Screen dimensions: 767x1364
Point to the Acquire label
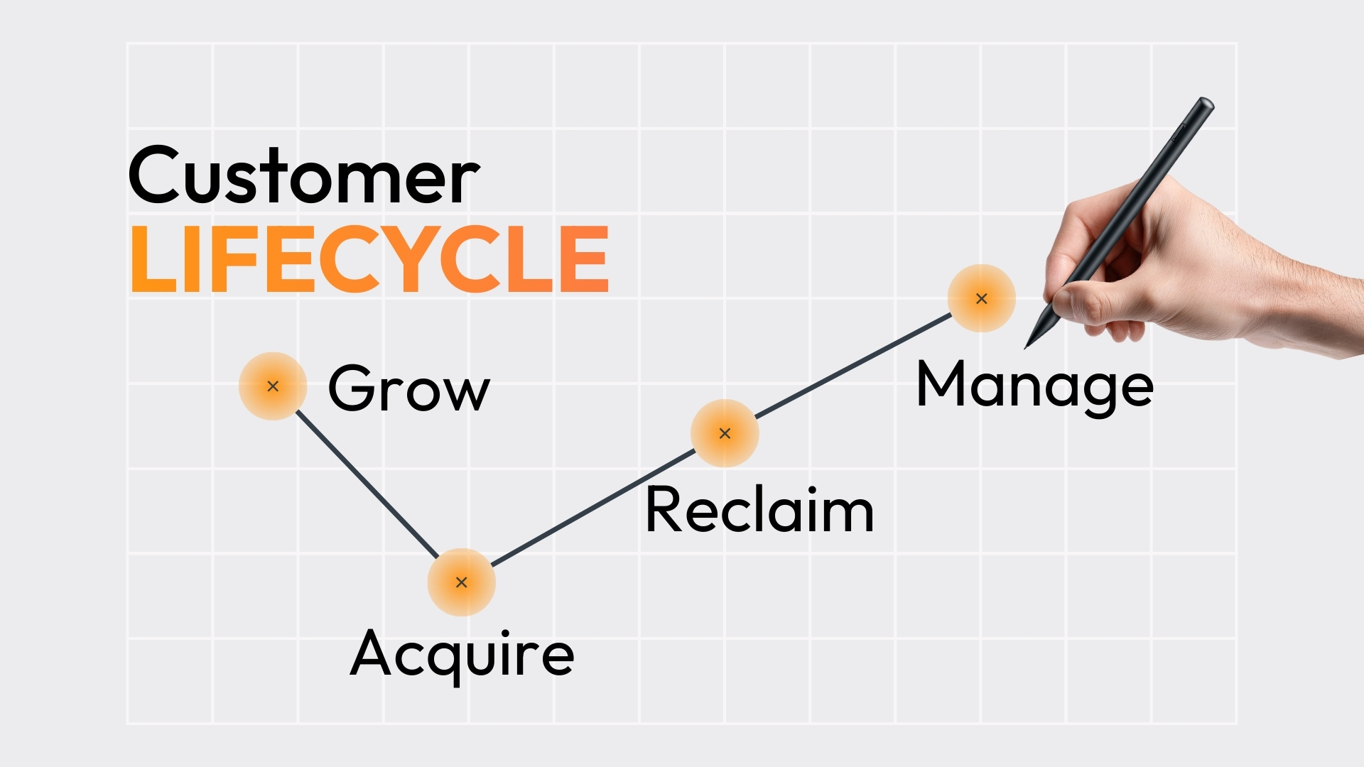tap(462, 653)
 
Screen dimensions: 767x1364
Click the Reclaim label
tap(759, 510)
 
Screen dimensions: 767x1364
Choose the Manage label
tap(1034, 386)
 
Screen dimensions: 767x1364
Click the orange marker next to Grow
tap(273, 386)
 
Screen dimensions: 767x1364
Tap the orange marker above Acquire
tap(462, 582)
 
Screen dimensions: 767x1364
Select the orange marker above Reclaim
tap(725, 433)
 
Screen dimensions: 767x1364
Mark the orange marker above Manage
tap(982, 298)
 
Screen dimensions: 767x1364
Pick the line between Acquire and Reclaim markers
tap(593, 508)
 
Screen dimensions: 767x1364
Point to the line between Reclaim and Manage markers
tap(852, 366)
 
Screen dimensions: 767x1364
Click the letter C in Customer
tap(158, 175)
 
